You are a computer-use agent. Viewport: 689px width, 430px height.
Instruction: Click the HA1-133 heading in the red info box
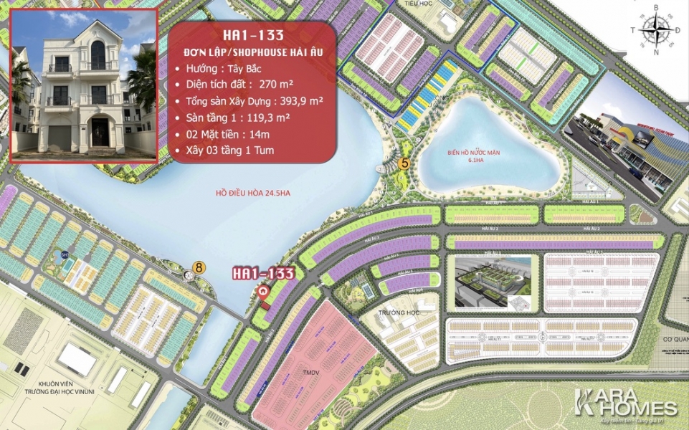coord(254,34)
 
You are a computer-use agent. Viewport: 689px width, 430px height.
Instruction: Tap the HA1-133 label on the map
coord(263,273)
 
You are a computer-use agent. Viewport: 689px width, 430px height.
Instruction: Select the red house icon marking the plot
coord(264,292)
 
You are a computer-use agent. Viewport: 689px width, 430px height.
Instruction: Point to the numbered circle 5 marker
coord(404,163)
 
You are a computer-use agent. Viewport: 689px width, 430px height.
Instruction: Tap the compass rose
coord(655,29)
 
